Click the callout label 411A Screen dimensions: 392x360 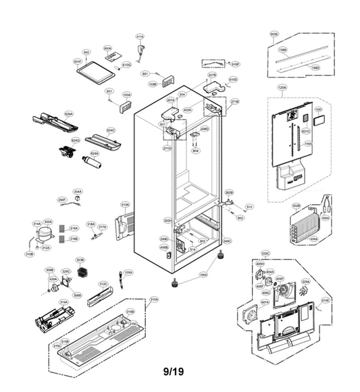(140, 36)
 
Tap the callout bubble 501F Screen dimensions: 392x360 (78, 61)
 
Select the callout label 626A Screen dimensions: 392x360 (68, 114)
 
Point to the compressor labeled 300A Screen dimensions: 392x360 (44, 234)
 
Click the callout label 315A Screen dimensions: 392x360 (154, 299)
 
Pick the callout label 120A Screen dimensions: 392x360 (282, 87)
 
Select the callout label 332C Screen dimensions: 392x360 (265, 254)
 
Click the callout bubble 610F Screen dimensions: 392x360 (235, 64)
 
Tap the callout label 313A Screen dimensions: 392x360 (125, 204)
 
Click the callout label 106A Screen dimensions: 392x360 (203, 275)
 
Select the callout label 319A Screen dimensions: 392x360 (63, 302)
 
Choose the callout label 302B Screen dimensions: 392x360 (296, 205)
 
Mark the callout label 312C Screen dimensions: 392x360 (103, 284)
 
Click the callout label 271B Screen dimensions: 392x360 (235, 101)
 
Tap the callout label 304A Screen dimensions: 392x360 (78, 192)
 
